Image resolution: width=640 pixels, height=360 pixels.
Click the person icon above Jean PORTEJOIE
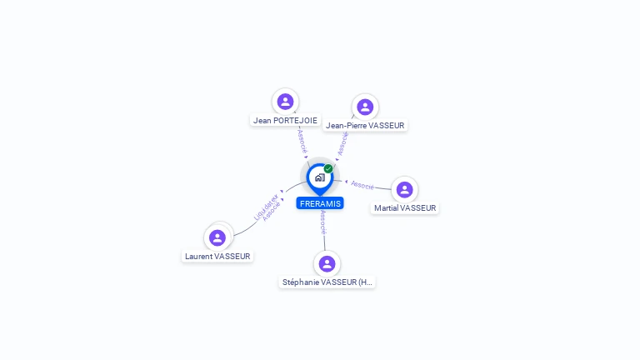(286, 102)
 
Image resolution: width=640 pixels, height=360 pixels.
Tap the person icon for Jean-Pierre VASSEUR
(365, 107)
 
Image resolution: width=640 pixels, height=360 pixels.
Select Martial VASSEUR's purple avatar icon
(404, 189)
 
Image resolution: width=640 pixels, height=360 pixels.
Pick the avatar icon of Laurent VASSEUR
(217, 237)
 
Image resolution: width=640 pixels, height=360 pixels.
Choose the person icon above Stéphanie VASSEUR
(327, 263)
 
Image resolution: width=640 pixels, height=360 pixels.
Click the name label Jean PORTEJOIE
(285, 120)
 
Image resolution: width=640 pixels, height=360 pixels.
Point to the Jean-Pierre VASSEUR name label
(365, 126)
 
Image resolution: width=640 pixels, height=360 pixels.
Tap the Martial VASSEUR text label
(405, 208)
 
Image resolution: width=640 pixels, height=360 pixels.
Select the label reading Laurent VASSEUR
(217, 257)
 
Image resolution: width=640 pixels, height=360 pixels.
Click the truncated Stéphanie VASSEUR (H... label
(327, 282)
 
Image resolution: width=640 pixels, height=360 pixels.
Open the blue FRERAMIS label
(320, 203)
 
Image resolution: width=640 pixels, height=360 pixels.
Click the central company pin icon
(319, 177)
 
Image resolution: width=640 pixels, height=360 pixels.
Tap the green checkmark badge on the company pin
(328, 168)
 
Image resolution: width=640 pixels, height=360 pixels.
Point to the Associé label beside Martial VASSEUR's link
(362, 184)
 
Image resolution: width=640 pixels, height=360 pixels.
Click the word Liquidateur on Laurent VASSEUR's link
(266, 206)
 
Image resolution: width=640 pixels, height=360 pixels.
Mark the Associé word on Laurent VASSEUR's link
(272, 211)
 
